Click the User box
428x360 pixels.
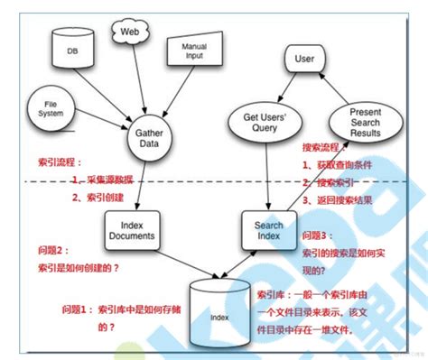click(x=303, y=60)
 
